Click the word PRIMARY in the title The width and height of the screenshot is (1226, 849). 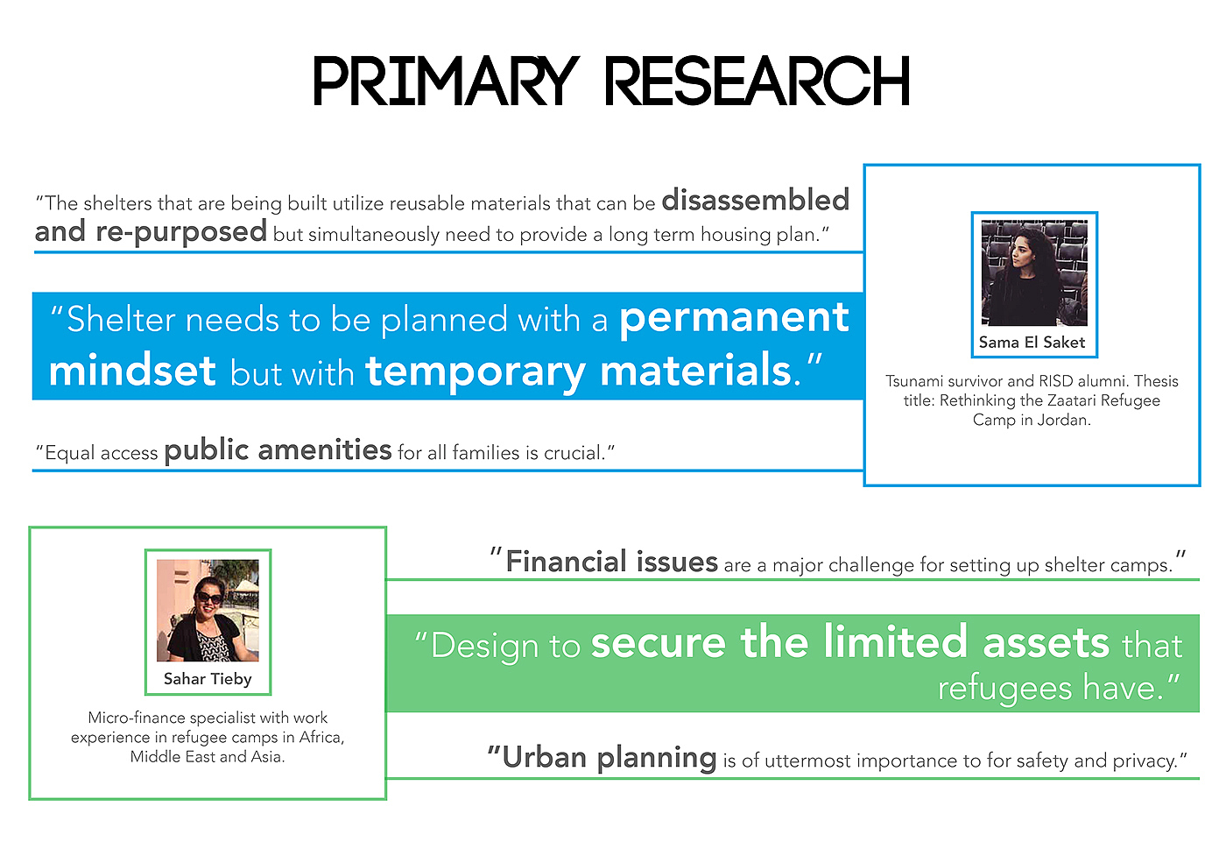[446, 81]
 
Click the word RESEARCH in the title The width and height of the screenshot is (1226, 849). [757, 81]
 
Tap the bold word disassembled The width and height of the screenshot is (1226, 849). [755, 200]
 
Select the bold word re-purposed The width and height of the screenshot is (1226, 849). [181, 232]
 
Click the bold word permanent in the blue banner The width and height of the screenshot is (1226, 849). [734, 319]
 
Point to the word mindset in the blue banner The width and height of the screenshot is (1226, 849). [132, 371]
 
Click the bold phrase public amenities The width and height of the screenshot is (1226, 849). [278, 451]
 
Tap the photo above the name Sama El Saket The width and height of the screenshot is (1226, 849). [1034, 272]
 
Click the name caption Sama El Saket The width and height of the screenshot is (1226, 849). [1032, 343]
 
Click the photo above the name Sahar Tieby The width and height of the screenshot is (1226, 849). [208, 610]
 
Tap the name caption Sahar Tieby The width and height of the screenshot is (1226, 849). [208, 679]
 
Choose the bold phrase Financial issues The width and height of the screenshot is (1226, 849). [611, 562]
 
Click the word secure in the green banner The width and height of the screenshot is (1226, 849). [659, 642]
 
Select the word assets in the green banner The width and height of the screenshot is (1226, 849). [1046, 642]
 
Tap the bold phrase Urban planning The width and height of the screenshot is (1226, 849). [609, 759]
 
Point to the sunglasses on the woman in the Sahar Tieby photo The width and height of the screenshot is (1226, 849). [209, 598]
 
